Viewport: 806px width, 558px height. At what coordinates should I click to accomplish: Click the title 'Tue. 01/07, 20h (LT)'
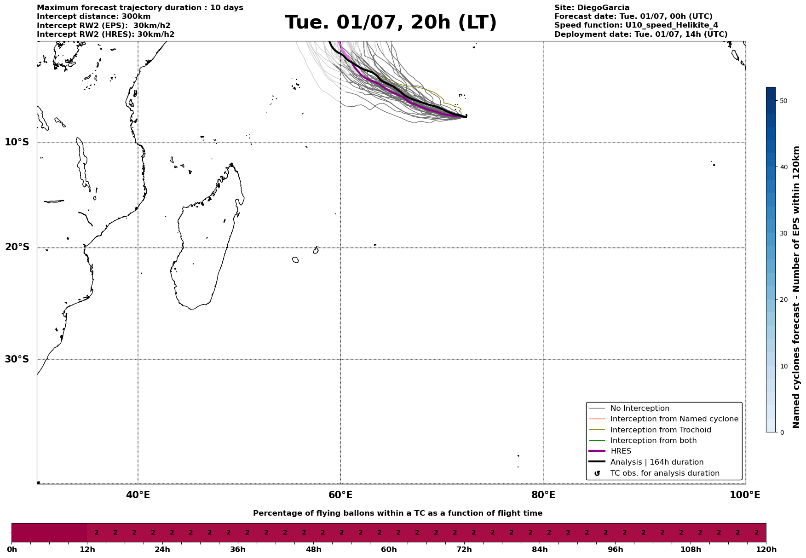pos(391,23)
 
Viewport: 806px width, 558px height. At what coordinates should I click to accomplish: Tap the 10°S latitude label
pos(17,142)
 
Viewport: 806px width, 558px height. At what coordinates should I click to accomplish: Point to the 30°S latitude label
pos(17,359)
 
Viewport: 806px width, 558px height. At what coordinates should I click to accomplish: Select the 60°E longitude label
pos(340,495)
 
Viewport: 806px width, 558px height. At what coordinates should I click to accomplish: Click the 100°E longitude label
pos(745,495)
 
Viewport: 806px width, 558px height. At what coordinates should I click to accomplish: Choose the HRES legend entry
pos(621,451)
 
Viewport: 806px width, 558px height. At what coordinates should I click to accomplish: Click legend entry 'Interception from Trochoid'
pos(660,430)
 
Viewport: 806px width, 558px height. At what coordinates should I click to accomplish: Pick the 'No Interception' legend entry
pos(639,408)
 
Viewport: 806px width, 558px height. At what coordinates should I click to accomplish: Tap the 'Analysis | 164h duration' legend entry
pos(656,462)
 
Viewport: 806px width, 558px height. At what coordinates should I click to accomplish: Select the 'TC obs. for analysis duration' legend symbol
pos(597,473)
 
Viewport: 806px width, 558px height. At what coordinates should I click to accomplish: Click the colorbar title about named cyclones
pos(797,287)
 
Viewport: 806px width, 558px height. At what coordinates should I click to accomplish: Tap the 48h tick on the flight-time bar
pos(313,550)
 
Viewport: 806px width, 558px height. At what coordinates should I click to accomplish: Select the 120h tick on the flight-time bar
pos(766,550)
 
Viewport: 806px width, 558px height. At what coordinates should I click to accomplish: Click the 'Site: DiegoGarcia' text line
pos(592,8)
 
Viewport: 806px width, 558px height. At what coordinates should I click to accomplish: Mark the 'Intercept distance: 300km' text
pos(93,17)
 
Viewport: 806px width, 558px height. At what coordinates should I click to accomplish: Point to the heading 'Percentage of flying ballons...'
pos(397,513)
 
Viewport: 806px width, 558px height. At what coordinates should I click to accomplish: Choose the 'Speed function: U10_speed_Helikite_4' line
pos(636,25)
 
